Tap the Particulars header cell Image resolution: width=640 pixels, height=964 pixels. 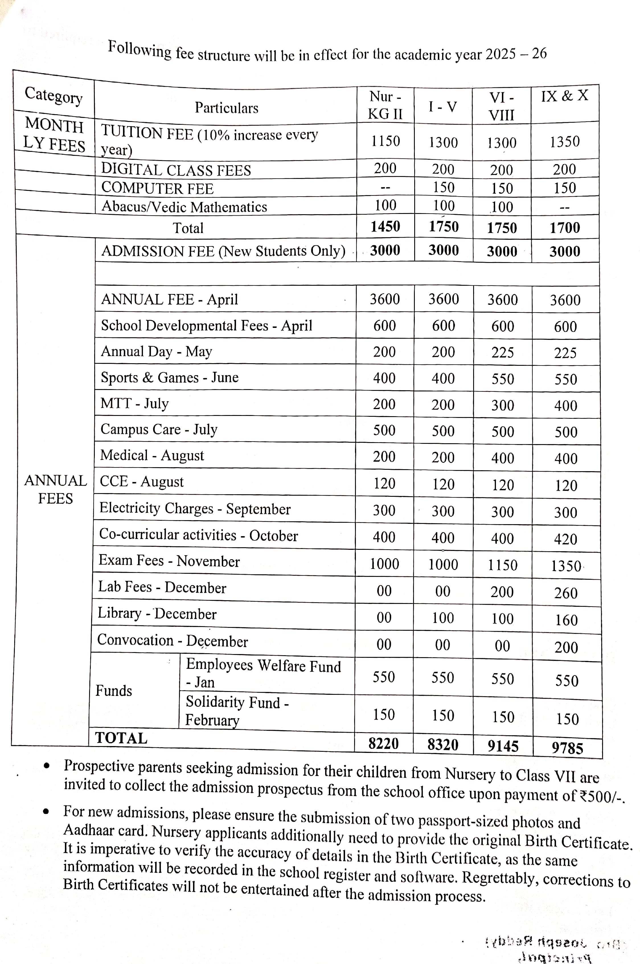coord(227,108)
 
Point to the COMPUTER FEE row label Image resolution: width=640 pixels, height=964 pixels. coord(157,188)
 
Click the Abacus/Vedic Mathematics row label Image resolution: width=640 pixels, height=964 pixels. coord(184,207)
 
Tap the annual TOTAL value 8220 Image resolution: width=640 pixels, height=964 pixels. coord(383,744)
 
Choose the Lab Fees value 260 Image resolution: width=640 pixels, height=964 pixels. coord(566,593)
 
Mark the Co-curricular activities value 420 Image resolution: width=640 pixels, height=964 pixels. coord(565,539)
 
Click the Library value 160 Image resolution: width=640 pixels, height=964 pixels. coord(566,620)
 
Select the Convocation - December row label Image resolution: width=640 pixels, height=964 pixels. coord(172,641)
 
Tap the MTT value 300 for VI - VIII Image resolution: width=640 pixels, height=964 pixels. coord(502,405)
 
